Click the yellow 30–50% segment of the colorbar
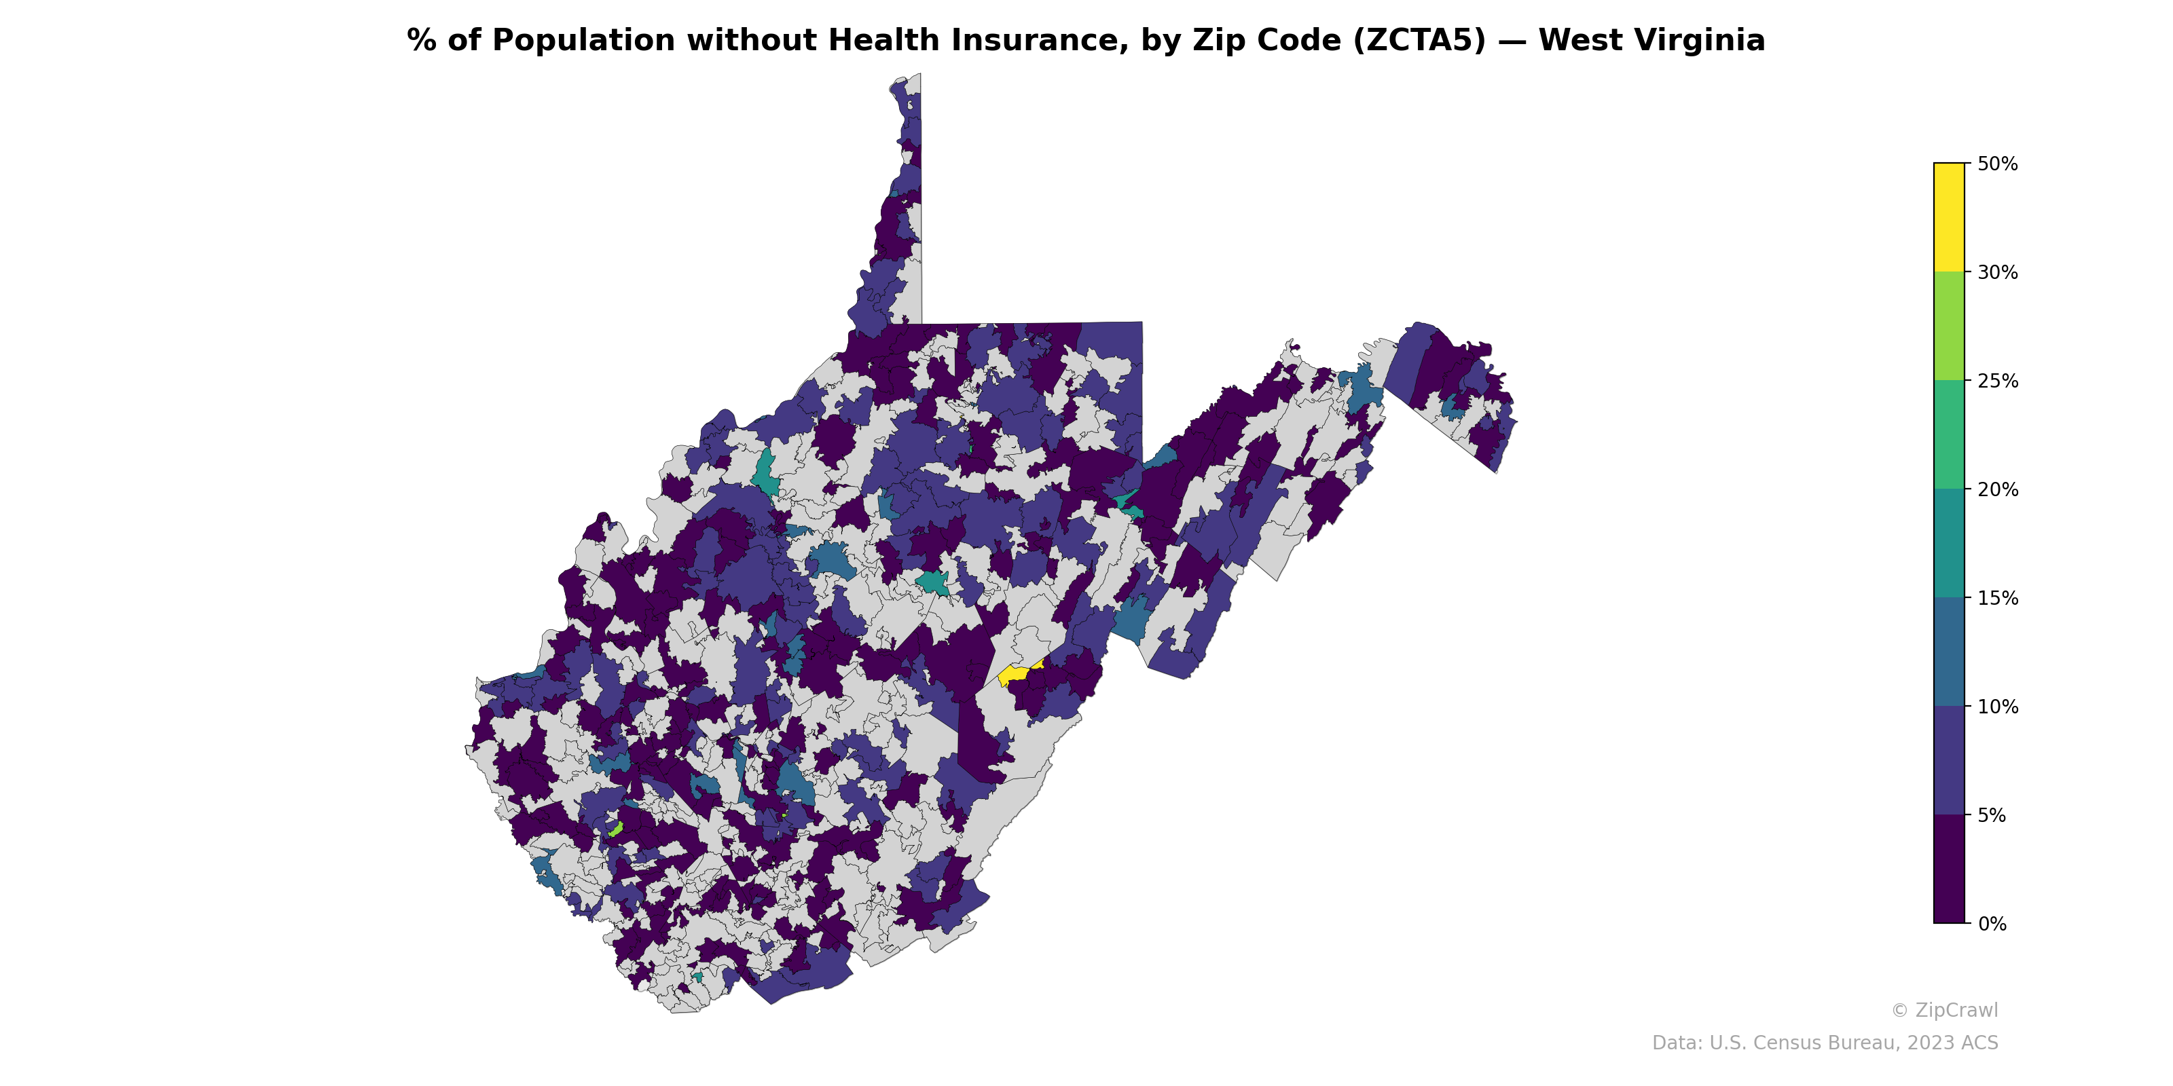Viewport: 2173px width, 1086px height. [1949, 217]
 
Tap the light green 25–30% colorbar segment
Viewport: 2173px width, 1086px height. [1949, 326]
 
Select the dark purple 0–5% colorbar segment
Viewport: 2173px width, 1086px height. [1949, 869]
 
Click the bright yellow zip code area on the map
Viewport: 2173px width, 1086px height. [1014, 674]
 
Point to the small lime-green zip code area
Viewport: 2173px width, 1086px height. [616, 829]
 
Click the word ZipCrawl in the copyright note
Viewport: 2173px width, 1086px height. [1956, 1010]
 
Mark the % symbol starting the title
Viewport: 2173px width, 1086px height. [421, 41]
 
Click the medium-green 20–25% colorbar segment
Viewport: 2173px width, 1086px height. [1949, 435]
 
